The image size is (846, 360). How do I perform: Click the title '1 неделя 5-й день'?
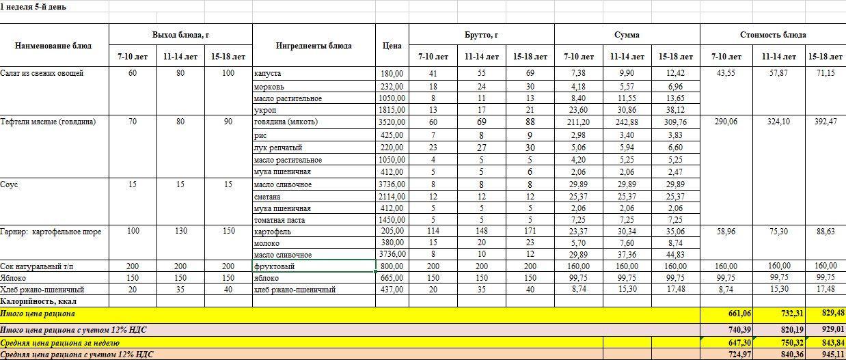coord(33,5)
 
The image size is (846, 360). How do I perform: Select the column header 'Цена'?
coord(392,46)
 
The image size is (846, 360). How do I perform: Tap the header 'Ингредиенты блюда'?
coord(314,46)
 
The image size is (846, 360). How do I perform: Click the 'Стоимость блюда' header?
coord(773,35)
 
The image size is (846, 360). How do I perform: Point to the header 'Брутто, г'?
coord(481,35)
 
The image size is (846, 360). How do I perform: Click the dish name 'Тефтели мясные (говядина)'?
coord(48,122)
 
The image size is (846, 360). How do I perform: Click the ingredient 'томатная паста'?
coord(279,221)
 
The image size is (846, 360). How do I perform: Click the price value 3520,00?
coord(392,122)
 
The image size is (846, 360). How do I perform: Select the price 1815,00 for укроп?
coord(392,110)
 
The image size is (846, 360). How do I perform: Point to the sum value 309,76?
coord(674,122)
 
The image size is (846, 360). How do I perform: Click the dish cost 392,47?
coord(820,122)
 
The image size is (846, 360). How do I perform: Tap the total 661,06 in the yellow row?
coord(725,314)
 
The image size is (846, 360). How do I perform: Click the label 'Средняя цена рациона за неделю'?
coord(60,343)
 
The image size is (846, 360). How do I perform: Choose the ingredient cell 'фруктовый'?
coord(274,266)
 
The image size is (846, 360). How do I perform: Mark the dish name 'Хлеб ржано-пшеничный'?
coord(42,290)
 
